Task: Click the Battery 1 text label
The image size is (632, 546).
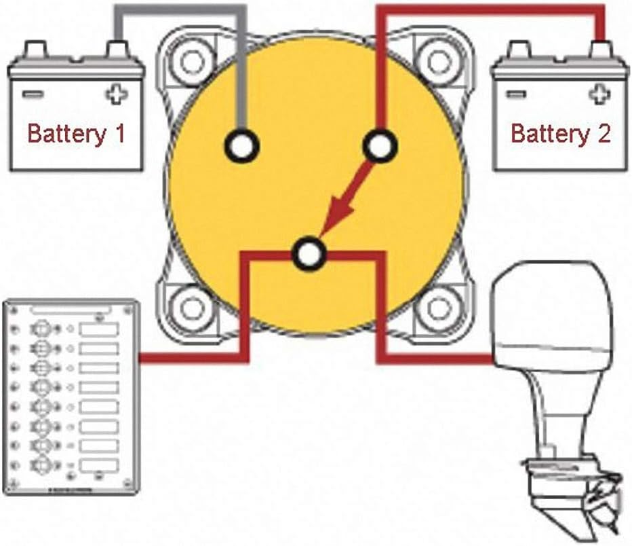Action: click(x=77, y=134)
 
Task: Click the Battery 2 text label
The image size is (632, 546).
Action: click(x=561, y=134)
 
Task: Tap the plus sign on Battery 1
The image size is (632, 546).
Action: click(x=117, y=94)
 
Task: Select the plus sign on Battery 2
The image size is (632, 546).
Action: click(x=599, y=94)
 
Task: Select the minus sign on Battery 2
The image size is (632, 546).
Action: click(x=515, y=94)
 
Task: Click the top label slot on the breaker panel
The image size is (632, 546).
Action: click(x=99, y=329)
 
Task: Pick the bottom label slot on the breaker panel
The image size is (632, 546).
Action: click(x=99, y=465)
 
